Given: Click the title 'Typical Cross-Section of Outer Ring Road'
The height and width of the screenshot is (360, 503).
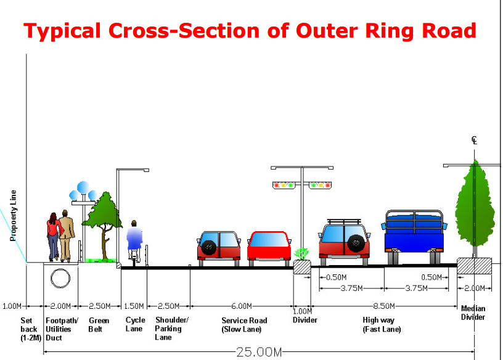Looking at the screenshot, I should coord(250,30).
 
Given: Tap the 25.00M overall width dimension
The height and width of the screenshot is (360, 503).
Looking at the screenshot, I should coord(259,352).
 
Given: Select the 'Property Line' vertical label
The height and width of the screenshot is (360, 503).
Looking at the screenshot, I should coord(13,215).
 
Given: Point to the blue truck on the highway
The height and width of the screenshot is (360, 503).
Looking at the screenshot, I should coord(414,231).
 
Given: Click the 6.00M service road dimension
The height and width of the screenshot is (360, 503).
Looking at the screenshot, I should coord(242,306).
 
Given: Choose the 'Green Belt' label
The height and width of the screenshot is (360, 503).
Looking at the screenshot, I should coord(99,324).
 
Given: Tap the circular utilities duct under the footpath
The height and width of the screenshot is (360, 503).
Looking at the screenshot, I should coord(61,278).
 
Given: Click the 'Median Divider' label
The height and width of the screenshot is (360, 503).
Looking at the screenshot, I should coord(473,313).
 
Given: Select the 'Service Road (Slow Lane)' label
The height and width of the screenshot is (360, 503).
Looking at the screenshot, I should coord(244,325).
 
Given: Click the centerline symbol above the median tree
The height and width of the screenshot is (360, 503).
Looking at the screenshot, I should coord(474,141).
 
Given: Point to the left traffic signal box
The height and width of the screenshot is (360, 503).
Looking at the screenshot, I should coord(284,184).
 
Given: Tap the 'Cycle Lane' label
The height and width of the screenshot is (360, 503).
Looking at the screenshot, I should coord(135,324).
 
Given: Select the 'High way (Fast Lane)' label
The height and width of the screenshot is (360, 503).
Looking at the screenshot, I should coord(382,325).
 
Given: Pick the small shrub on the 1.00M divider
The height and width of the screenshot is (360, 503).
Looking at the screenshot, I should coord(301,253).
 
